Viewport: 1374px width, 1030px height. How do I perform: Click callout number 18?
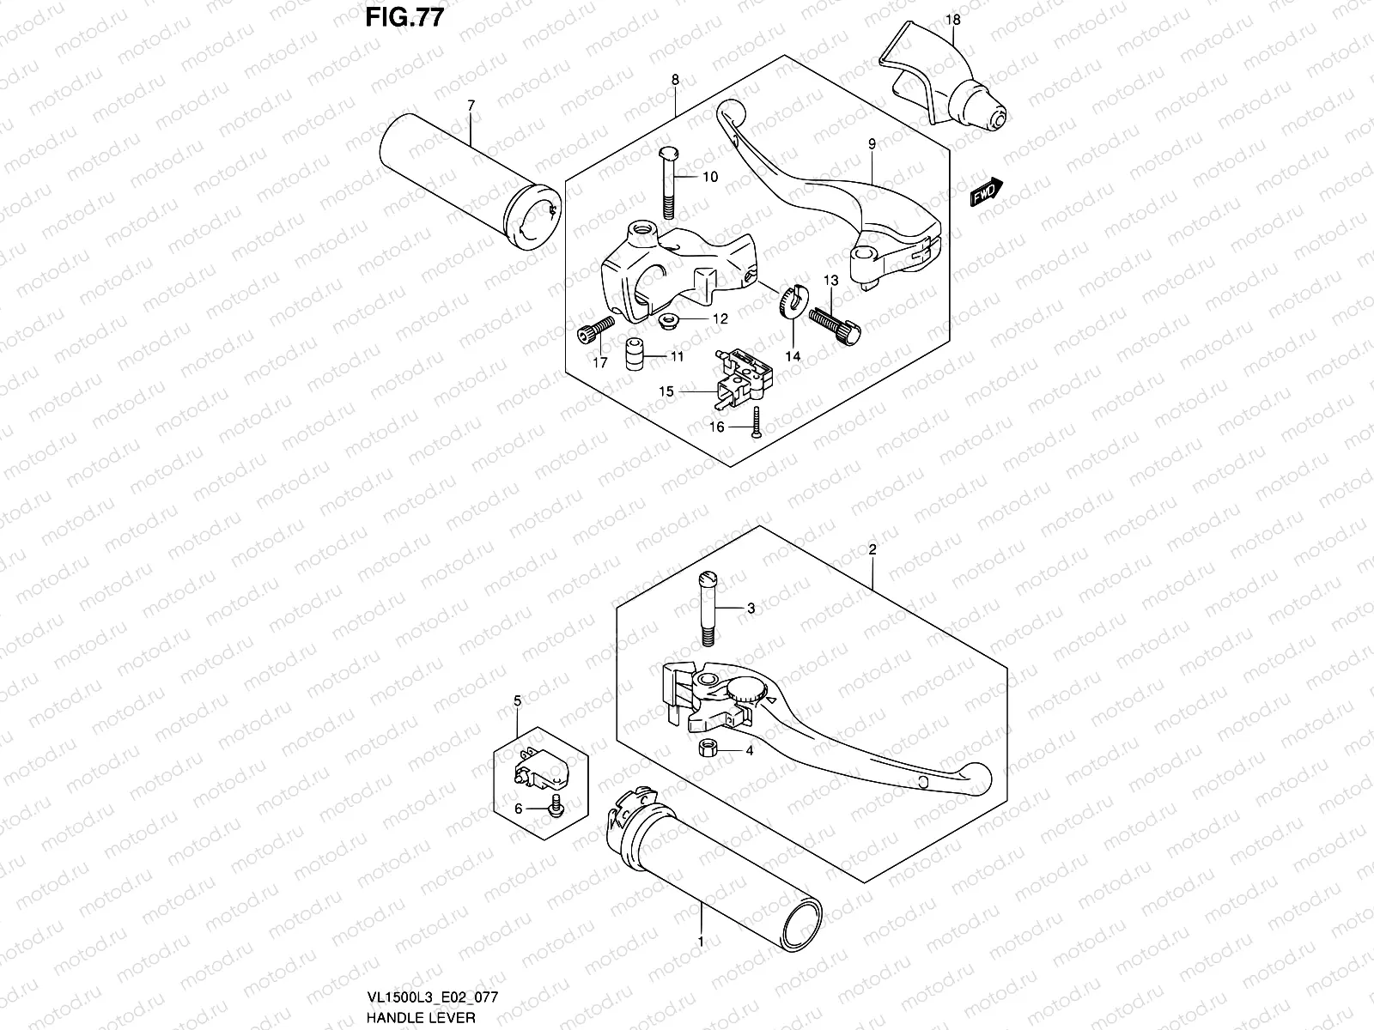click(954, 19)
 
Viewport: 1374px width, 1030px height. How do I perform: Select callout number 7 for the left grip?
click(471, 105)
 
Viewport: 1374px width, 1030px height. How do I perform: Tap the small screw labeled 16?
click(754, 422)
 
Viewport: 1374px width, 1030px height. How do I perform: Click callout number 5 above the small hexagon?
click(517, 701)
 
